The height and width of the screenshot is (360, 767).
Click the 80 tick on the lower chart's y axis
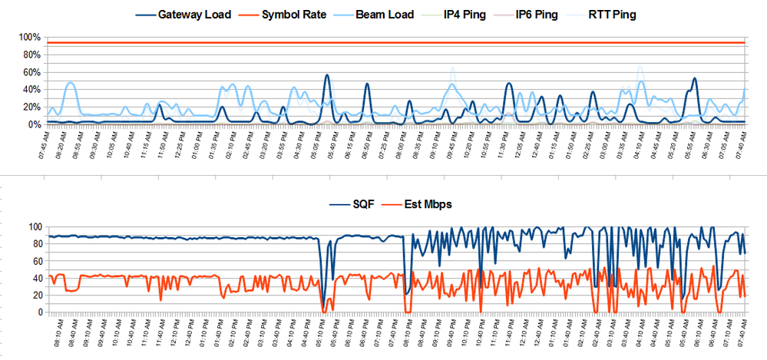click(35, 244)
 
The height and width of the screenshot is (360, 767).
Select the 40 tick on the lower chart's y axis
click(35, 278)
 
